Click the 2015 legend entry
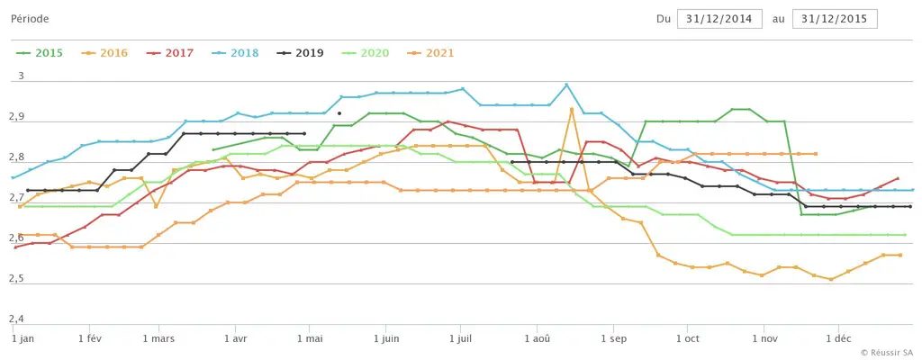tap(40, 53)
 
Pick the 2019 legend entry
tap(301, 53)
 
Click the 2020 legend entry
tap(366, 53)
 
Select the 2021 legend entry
tap(430, 53)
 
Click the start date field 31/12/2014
tap(719, 19)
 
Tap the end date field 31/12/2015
tap(835, 19)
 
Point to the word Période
tap(30, 19)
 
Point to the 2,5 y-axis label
tap(18, 278)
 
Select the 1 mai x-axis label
tap(309, 339)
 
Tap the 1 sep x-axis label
tap(613, 339)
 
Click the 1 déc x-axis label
tap(839, 339)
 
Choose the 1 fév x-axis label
tap(89, 339)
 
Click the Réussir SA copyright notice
tap(888, 352)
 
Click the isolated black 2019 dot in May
tap(339, 112)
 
